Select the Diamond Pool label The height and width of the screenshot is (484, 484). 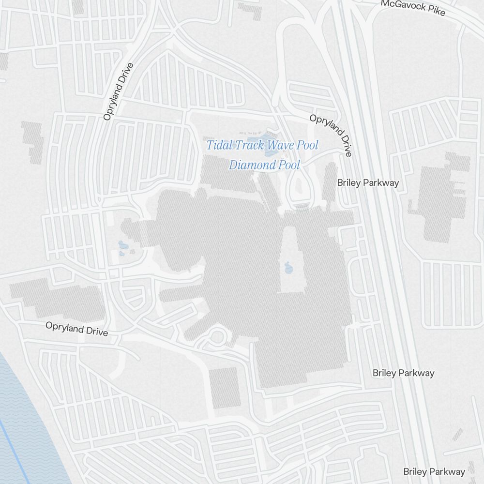coord(264,165)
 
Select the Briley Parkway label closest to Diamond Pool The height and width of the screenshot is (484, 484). coord(368,182)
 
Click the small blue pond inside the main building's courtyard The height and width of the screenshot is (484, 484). coord(288,267)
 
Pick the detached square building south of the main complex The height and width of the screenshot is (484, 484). coord(225,387)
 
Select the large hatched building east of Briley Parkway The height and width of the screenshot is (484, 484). coord(438,198)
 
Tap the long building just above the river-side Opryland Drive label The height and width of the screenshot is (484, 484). coord(58,298)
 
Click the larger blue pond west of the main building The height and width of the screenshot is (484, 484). coord(122,247)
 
